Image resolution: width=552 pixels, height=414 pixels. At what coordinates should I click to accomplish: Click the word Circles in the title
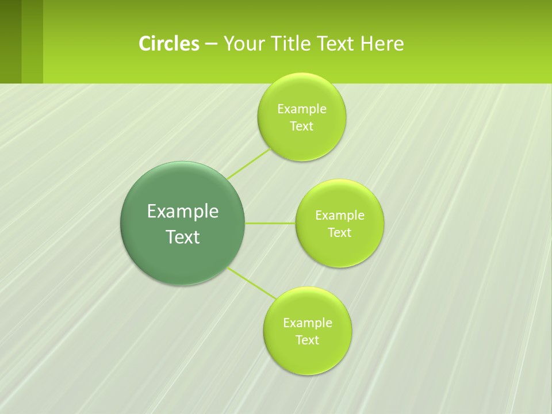click(x=169, y=44)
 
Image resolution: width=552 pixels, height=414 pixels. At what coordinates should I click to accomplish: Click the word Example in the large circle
click(x=183, y=212)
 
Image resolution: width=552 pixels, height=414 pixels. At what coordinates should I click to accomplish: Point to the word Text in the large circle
click(x=183, y=237)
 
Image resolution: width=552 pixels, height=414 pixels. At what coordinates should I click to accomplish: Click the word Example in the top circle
click(x=302, y=109)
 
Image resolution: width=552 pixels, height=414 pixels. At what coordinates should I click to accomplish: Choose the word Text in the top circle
click(x=302, y=126)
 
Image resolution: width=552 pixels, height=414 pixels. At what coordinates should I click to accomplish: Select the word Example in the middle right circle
click(x=340, y=216)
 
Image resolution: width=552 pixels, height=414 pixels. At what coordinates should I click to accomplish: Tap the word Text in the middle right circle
click(x=340, y=233)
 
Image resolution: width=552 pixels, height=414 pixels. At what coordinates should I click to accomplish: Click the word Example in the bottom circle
click(x=308, y=323)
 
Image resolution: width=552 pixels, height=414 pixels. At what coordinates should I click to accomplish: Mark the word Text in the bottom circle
click(x=308, y=340)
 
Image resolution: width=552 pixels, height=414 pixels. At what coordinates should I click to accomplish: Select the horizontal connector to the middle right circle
click(x=270, y=223)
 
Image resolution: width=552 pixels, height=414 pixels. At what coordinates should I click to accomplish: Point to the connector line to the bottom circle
click(x=252, y=283)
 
